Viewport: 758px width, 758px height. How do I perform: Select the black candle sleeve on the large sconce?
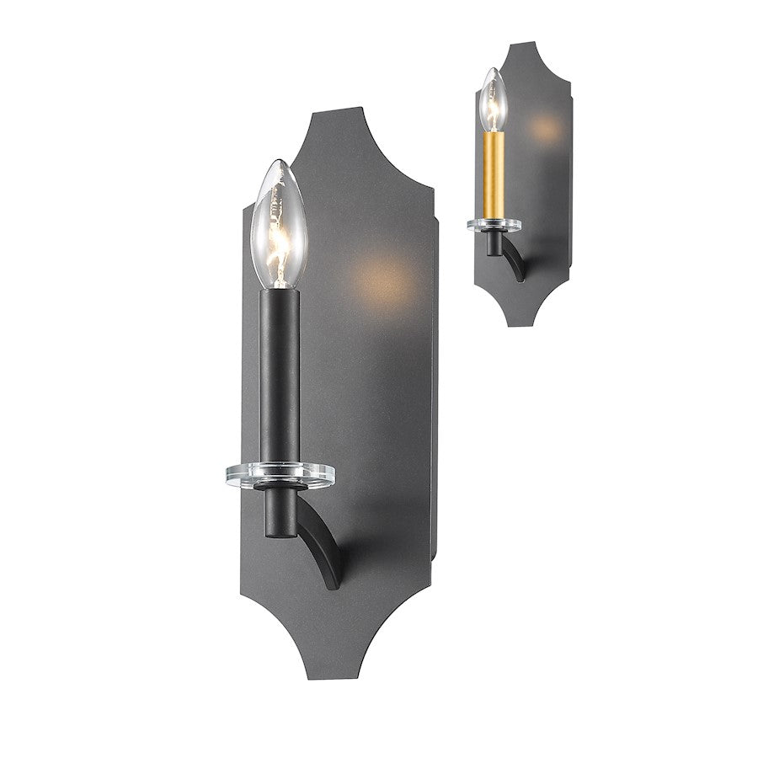tap(279, 371)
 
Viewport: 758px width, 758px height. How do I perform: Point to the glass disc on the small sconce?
tap(494, 223)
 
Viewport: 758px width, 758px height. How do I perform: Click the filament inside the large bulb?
tap(279, 232)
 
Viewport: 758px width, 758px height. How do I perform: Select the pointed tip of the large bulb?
tap(277, 161)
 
